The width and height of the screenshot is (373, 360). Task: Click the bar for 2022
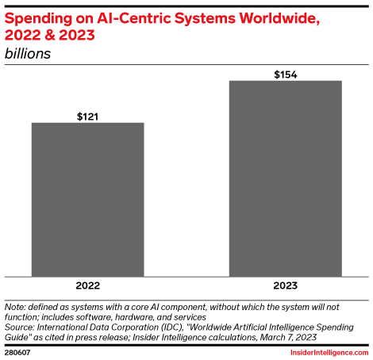point(87,198)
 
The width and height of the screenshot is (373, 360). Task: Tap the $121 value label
point(87,116)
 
